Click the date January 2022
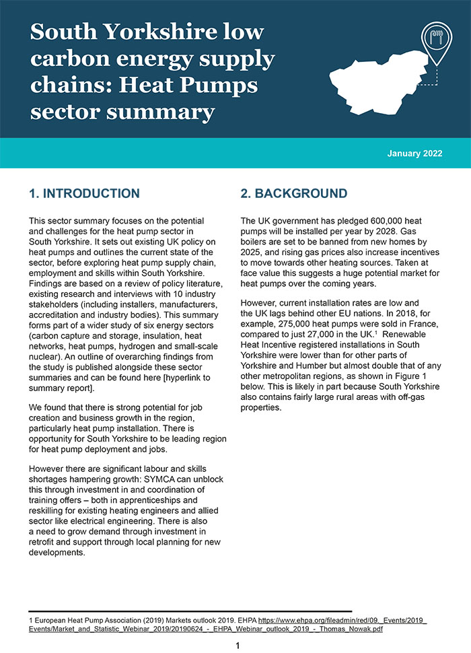(x=414, y=153)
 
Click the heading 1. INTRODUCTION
(x=84, y=194)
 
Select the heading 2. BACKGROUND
(x=294, y=194)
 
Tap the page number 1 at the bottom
(x=238, y=646)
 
